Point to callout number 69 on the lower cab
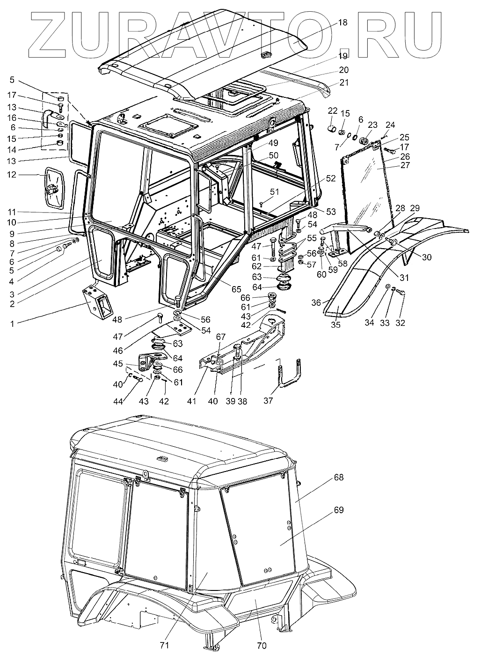338,510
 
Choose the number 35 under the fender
335,324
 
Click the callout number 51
274,192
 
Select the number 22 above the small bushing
333,110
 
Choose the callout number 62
270,267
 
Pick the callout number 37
268,401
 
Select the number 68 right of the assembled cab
338,478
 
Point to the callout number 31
404,277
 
